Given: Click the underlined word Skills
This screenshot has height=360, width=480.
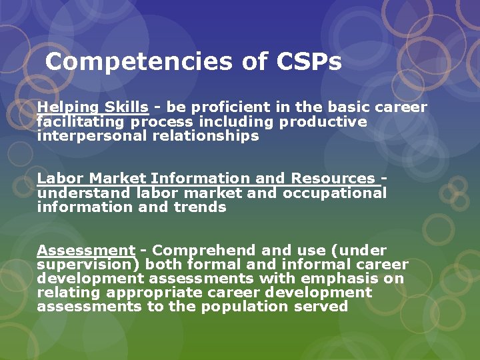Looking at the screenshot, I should [125, 107].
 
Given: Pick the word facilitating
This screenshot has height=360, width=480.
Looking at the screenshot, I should [81, 121].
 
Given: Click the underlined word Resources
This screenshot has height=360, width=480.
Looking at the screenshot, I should [333, 178].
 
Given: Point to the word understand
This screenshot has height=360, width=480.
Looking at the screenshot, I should [84, 193].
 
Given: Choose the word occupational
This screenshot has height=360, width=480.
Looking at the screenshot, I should [335, 193].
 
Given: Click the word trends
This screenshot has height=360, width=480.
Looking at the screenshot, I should [201, 207].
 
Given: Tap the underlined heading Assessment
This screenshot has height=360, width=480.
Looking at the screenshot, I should [86, 251].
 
